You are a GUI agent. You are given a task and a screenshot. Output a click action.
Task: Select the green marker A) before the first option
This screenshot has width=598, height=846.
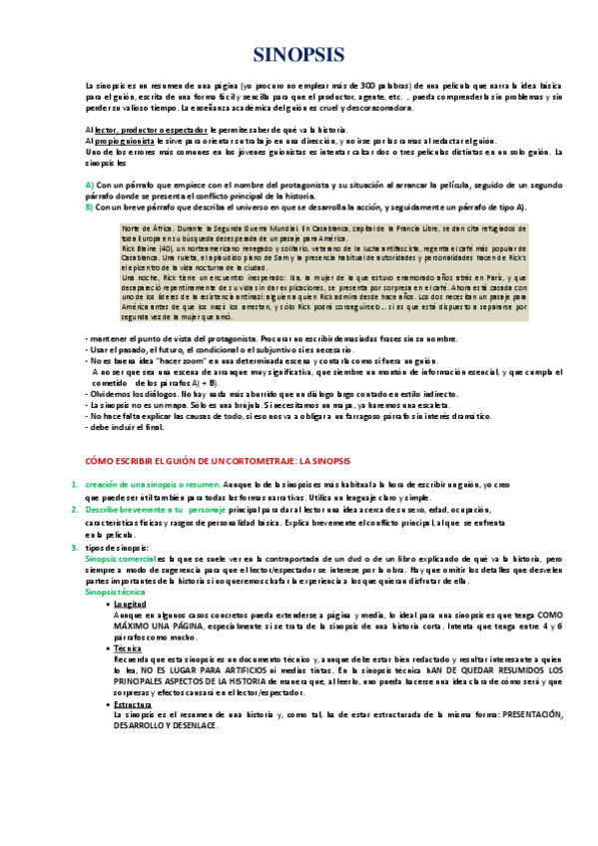click(90, 186)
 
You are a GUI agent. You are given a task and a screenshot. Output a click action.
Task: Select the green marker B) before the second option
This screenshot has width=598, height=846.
click(90, 207)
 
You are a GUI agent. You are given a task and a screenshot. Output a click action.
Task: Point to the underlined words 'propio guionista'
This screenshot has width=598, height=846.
click(131, 141)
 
